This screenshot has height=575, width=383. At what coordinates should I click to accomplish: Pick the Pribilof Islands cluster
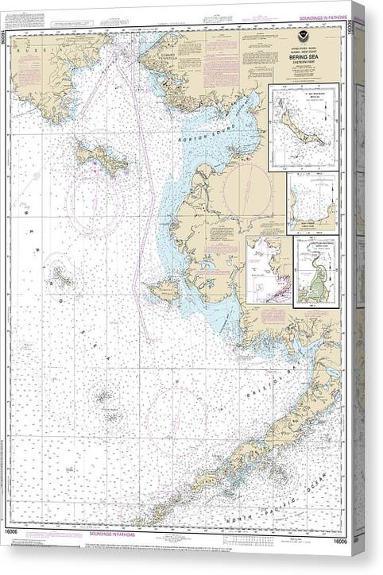105,396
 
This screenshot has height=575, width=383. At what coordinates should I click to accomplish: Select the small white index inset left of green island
269,270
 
